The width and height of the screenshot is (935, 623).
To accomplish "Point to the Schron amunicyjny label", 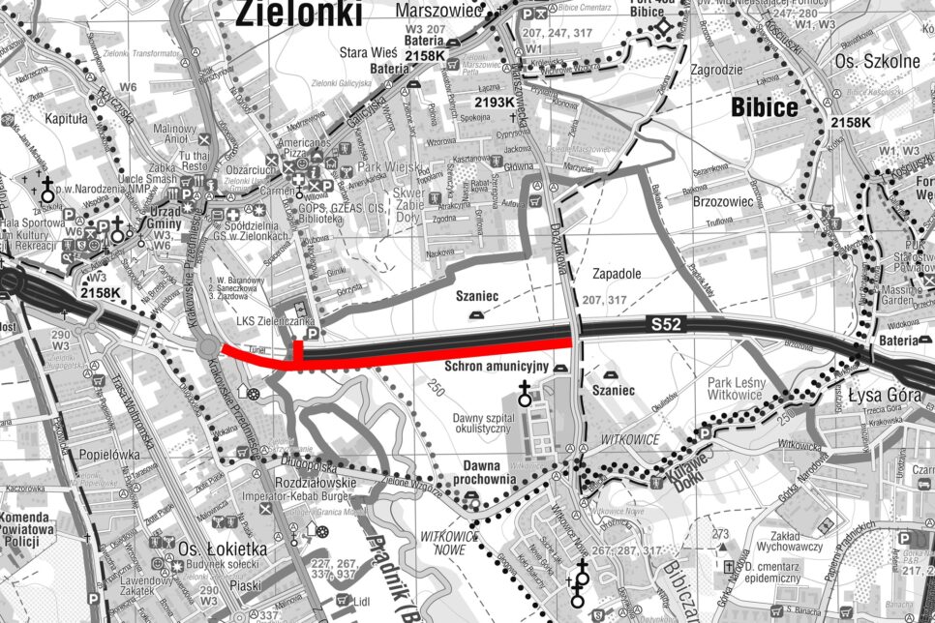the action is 498,368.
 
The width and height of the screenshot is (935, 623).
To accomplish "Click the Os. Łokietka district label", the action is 222,549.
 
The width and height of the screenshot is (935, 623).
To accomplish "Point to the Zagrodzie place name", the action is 716,70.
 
